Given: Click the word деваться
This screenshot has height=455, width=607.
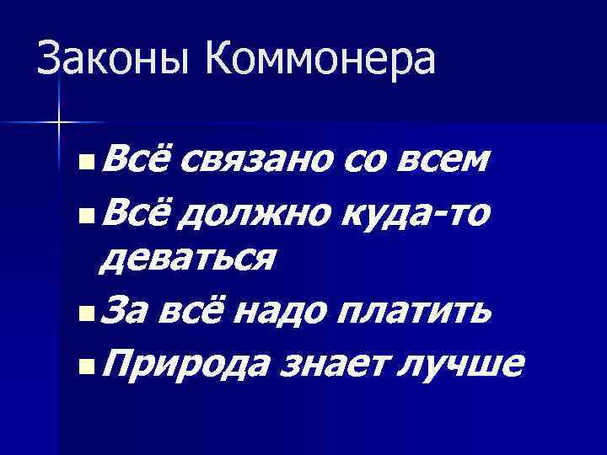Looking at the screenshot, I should tap(185, 256).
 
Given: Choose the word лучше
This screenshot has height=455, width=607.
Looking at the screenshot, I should tap(463, 364).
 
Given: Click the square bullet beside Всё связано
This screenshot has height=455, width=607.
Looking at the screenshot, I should tap(80, 158).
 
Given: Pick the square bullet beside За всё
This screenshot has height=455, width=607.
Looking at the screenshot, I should tap(80, 313).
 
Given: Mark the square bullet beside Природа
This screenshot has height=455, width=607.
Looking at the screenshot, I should tap(80, 366).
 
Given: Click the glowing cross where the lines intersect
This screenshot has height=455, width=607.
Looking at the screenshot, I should tap(58, 123).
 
